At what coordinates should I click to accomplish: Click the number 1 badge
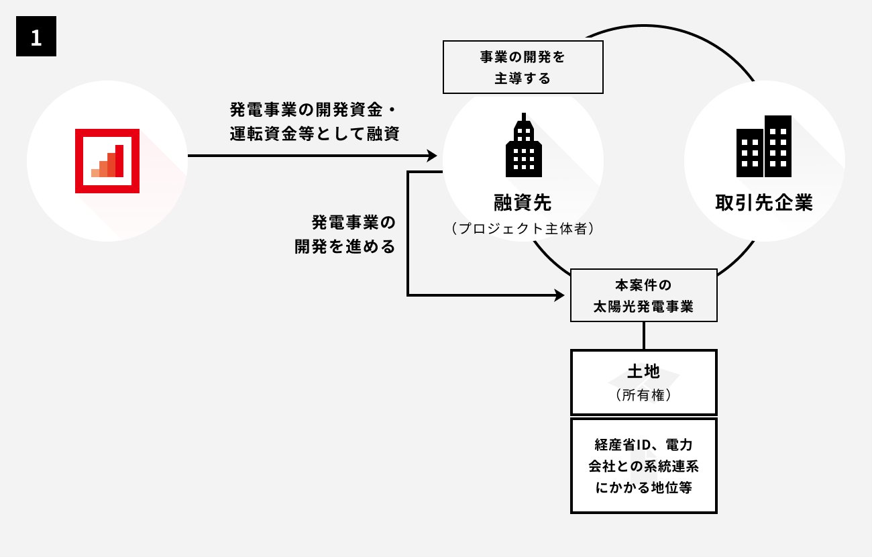(x=36, y=37)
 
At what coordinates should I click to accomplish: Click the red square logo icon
(x=107, y=161)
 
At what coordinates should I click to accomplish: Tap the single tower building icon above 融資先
(x=523, y=146)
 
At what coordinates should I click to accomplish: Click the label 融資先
(x=523, y=202)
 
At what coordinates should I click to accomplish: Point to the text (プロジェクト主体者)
(x=523, y=229)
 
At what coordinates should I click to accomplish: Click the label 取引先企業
(x=764, y=203)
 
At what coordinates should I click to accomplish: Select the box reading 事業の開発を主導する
(x=523, y=67)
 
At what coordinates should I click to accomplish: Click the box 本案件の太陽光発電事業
(x=643, y=295)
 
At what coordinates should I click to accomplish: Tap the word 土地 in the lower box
(x=643, y=371)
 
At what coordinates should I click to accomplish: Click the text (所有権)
(x=643, y=396)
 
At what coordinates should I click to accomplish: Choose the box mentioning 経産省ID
(x=643, y=466)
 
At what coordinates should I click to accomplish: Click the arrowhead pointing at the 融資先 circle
(x=433, y=156)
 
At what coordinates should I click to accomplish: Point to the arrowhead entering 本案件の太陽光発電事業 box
(x=560, y=295)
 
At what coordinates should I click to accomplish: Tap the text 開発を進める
(x=345, y=246)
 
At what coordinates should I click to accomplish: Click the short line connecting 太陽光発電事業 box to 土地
(x=643, y=336)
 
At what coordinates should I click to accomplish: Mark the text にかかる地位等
(x=643, y=488)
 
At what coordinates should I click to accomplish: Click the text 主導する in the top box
(x=523, y=79)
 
